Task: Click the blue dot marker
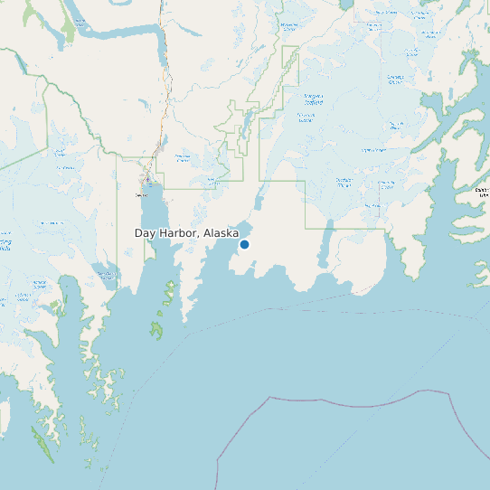pyautogui.click(x=244, y=244)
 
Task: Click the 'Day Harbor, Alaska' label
pyautogui.click(x=186, y=233)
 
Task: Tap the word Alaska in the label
pyautogui.click(x=221, y=233)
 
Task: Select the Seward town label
pyautogui.click(x=141, y=194)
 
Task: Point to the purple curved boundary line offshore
pyautogui.click(x=362, y=405)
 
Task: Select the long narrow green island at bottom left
pyautogui.click(x=42, y=444)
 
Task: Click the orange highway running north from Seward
pyautogui.click(x=163, y=108)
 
